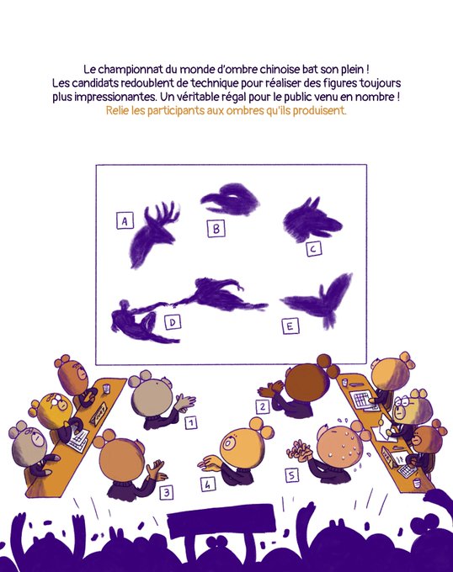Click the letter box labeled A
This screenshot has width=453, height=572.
tap(125, 220)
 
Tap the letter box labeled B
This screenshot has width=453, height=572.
tap(216, 229)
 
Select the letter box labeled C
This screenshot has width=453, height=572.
tap(313, 249)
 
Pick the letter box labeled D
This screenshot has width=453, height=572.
tap(173, 322)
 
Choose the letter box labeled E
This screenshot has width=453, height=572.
tap(290, 326)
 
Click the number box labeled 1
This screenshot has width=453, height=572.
tap(191, 422)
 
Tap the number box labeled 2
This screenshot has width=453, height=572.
tap(263, 406)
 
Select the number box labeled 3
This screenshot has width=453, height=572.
tap(167, 493)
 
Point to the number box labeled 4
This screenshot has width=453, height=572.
tap(208, 484)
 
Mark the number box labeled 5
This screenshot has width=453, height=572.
tap(291, 475)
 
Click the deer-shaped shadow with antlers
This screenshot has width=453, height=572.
tap(153, 236)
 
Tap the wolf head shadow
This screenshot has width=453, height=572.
tap(312, 219)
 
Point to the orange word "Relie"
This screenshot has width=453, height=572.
tap(117, 110)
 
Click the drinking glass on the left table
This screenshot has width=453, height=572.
tap(106, 389)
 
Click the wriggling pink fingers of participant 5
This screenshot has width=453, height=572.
tap(299, 449)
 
